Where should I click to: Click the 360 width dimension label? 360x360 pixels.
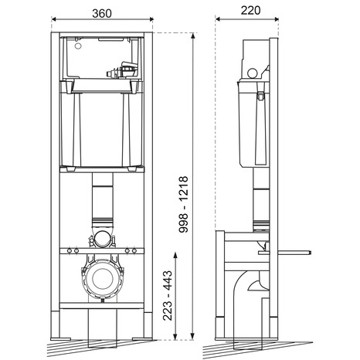[x=102, y=14]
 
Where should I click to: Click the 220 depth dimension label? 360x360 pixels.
[x=250, y=11]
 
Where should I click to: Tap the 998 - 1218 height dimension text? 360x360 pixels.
[x=184, y=205]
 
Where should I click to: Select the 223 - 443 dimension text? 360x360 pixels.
[x=168, y=295]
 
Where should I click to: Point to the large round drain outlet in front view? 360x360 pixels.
[x=103, y=280]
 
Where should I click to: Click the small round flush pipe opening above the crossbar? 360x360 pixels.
[x=102, y=239]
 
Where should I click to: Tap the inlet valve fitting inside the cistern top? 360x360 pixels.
[x=121, y=70]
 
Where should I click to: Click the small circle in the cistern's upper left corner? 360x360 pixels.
[x=77, y=46]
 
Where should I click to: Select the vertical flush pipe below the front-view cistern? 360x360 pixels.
[x=102, y=201]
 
